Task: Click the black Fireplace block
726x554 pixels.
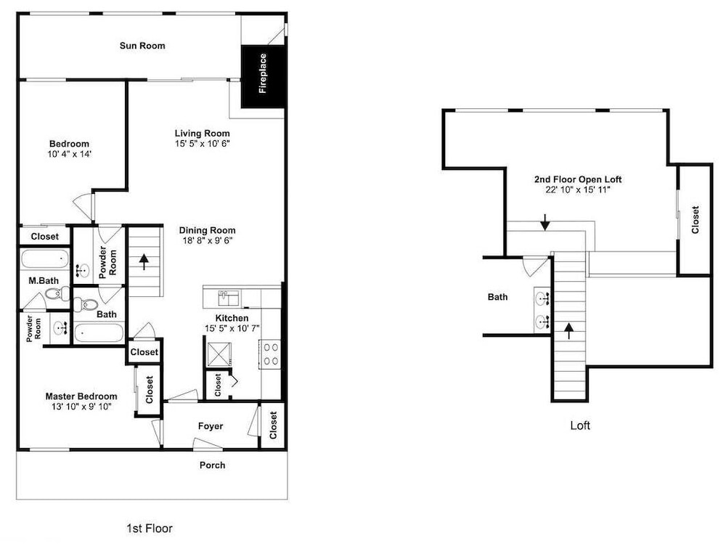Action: click(x=263, y=76)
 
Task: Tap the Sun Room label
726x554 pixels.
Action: click(x=142, y=46)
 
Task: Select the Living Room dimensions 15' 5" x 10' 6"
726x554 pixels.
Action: click(x=203, y=144)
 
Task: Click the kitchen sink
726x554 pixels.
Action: click(x=228, y=298)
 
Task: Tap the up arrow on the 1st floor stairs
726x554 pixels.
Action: click(x=144, y=261)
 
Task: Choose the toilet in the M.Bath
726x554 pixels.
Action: click(x=58, y=293)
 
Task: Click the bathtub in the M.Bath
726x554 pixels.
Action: click(x=45, y=259)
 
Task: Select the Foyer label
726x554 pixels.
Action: click(x=211, y=426)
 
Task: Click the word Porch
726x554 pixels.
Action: click(x=213, y=465)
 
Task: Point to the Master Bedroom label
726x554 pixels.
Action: click(x=81, y=396)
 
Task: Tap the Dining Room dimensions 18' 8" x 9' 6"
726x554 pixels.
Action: click(x=207, y=240)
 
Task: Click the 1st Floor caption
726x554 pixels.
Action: click(x=150, y=528)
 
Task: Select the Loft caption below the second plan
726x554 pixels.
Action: click(x=580, y=425)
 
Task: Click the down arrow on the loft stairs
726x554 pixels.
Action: click(x=545, y=222)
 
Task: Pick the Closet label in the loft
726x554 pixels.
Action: click(x=695, y=219)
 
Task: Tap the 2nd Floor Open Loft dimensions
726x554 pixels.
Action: click(x=578, y=190)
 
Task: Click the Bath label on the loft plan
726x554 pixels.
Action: click(x=498, y=297)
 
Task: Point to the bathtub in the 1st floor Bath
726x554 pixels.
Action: click(x=99, y=333)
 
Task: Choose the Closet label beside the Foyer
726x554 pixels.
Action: click(x=273, y=425)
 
